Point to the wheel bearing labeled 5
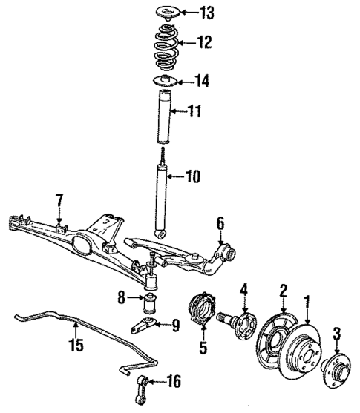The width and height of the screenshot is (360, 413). [x=203, y=312]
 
